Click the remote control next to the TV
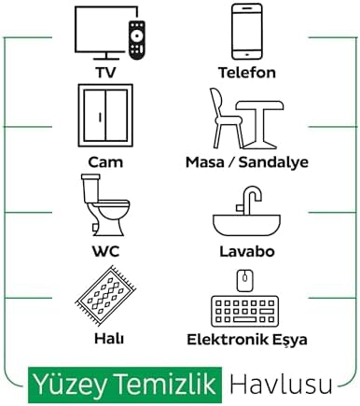137,40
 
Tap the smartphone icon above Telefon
247,31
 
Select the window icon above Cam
105,115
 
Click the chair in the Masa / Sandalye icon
226,119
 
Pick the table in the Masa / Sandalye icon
260,124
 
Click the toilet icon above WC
105,204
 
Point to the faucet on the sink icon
249,200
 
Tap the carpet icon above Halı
105,296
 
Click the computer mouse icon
245,280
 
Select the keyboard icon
244,311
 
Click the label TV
105,73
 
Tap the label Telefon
247,73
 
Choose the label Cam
105,162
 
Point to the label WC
105,251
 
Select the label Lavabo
247,251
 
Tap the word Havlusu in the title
281,385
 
